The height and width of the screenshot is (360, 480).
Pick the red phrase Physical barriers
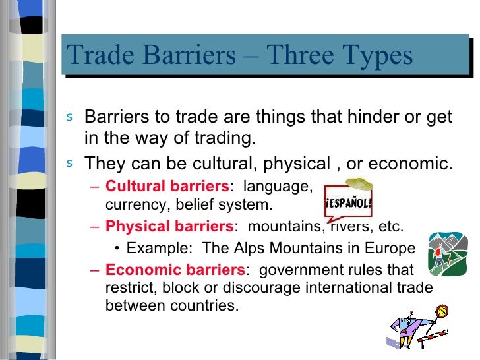coord(169,227)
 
